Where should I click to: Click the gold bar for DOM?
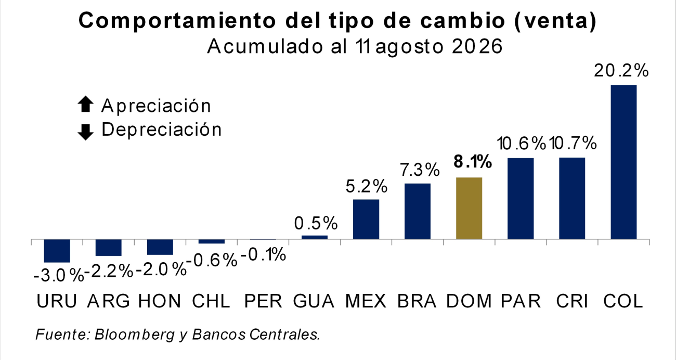(469, 208)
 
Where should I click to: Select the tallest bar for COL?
(623, 162)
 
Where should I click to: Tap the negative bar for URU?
(57, 251)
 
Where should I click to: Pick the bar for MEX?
(366, 219)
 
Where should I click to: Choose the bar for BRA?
(418, 211)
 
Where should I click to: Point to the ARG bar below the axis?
(109, 248)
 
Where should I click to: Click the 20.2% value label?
(621, 71)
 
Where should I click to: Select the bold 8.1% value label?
(473, 162)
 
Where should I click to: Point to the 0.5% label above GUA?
(316, 223)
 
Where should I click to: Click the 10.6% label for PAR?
(521, 143)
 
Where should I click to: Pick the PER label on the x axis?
(263, 301)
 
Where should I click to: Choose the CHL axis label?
(211, 301)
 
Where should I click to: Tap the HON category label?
(160, 301)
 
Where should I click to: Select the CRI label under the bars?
(572, 301)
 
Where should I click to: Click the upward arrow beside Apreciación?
(85, 104)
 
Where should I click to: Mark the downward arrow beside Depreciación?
(85, 132)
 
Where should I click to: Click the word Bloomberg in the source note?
(135, 335)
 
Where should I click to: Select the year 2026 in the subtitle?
(477, 46)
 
